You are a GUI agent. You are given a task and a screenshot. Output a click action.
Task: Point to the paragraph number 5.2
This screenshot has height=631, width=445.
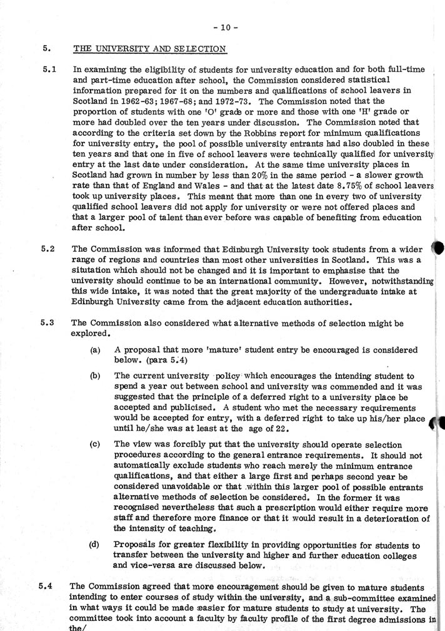49,249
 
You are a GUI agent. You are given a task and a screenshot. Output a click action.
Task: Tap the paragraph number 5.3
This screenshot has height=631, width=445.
49,323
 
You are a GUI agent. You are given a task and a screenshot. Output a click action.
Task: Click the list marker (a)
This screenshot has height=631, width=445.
96,351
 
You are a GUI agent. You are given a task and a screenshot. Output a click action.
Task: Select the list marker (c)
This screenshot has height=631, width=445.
95,444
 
